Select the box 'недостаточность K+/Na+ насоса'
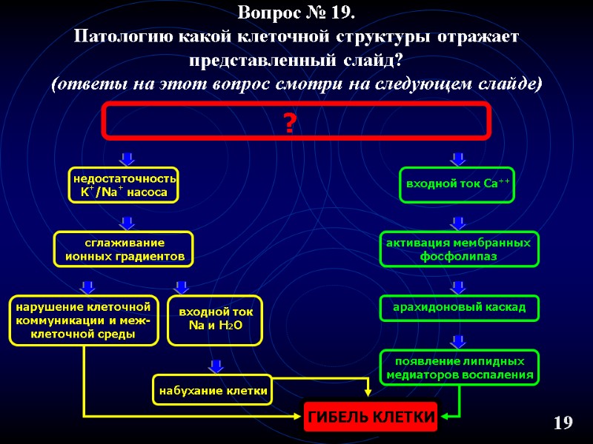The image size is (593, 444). [x=124, y=186]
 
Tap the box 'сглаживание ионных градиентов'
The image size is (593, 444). [x=124, y=249]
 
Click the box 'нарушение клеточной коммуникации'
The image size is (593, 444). [x=83, y=320]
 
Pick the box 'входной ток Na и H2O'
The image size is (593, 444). [x=215, y=320]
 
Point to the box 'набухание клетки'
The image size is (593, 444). [x=212, y=390]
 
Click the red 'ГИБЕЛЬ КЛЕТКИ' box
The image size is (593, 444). [x=371, y=417]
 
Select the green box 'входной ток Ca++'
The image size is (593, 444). [x=457, y=184]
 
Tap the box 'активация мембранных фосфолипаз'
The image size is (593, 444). [x=460, y=249]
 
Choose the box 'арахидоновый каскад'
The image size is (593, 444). [x=460, y=307]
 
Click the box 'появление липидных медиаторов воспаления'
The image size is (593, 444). [x=460, y=368]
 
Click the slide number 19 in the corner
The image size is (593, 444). [x=563, y=423]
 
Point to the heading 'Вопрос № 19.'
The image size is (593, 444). [x=296, y=13]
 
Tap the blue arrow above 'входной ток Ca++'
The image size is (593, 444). [x=458, y=158]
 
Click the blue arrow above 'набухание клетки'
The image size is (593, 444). [x=216, y=365]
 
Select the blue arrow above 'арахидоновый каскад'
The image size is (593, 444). [x=458, y=286]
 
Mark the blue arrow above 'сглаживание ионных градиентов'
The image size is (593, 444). [x=127, y=222]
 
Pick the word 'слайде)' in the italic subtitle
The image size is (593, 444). [x=510, y=84]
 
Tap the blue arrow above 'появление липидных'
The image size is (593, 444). [x=458, y=340]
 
